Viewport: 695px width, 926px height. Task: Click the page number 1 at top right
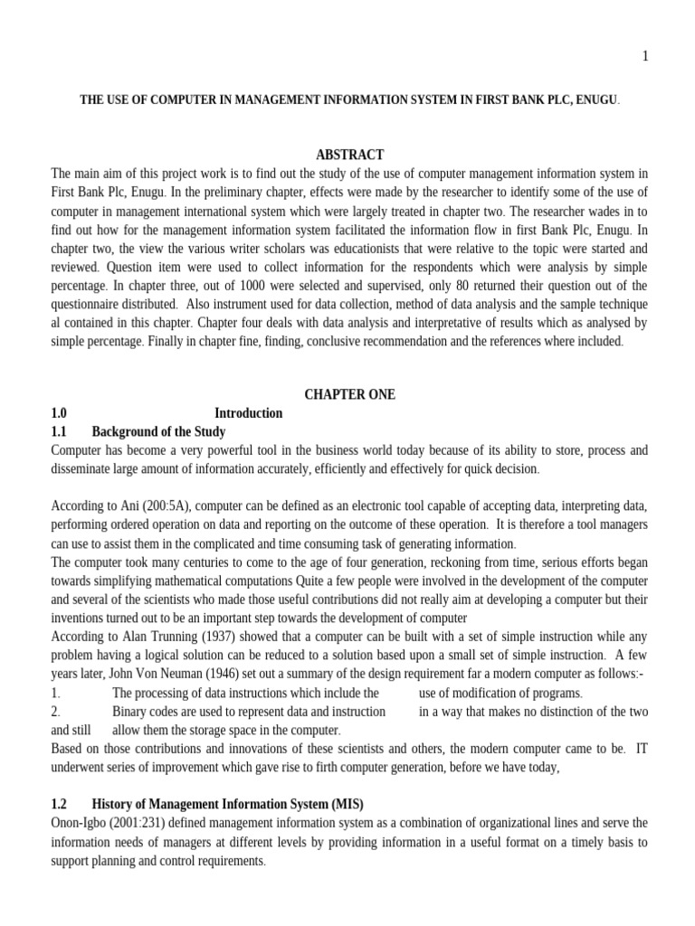(644, 56)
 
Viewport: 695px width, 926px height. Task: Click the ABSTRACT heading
(349, 155)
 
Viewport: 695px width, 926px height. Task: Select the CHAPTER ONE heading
(349, 394)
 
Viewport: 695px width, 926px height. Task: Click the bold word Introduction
(249, 413)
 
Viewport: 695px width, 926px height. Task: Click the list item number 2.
(55, 712)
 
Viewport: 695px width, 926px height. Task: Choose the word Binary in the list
(130, 712)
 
